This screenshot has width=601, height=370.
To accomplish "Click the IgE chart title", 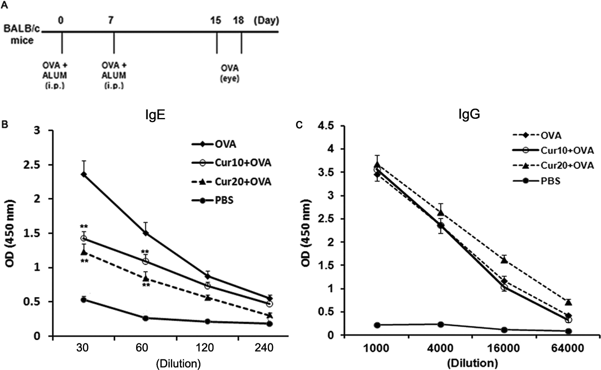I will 155,115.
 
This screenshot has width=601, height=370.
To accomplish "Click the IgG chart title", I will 469,114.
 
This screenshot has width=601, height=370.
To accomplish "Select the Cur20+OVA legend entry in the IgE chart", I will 243,182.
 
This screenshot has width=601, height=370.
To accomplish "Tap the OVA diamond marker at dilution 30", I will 84,175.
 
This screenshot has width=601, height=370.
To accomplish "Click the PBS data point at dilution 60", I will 145,318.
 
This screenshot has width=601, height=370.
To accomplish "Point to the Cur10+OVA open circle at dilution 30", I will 84,238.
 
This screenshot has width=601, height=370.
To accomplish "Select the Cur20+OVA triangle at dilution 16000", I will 504,260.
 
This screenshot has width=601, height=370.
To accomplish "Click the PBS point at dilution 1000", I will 376,325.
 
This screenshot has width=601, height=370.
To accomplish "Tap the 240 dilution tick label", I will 264,348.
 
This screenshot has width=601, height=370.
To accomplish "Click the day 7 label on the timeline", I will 111,20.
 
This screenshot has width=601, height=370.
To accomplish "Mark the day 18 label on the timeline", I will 238,20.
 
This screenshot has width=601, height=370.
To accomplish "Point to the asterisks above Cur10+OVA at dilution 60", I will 145,252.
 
